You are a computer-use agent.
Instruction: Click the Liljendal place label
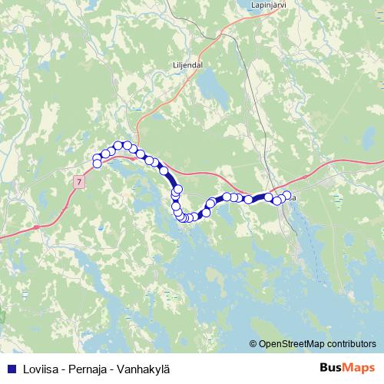click(184, 65)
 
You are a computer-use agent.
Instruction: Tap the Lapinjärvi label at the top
click(269, 4)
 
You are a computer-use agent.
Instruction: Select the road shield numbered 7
click(78, 181)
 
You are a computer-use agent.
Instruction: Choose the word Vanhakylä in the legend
click(140, 368)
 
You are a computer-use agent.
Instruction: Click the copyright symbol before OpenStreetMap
click(253, 343)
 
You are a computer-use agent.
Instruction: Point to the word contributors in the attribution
click(351, 343)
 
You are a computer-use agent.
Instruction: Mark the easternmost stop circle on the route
click(287, 195)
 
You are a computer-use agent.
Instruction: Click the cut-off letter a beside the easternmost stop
click(294, 197)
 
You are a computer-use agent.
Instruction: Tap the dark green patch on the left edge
click(2, 316)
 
